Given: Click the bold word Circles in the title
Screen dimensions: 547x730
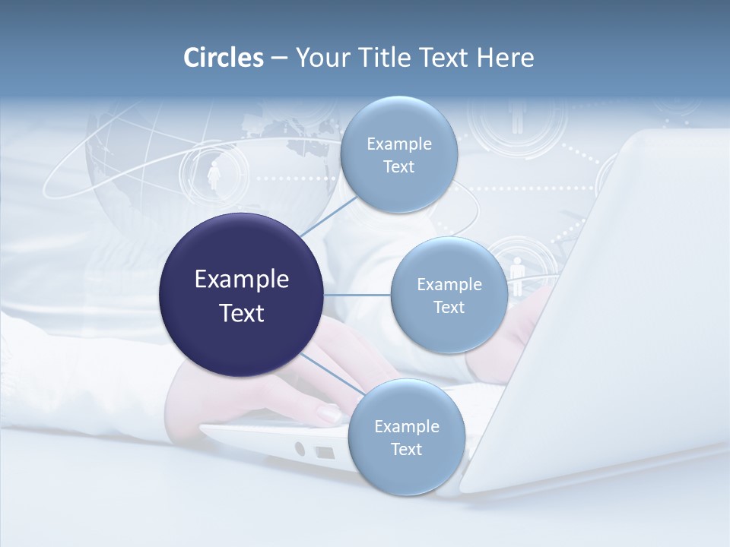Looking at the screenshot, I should [223, 58].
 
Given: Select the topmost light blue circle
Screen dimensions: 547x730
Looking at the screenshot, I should [398, 155].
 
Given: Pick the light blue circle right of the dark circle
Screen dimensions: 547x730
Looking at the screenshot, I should [449, 295].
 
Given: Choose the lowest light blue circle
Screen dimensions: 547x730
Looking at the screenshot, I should [406, 437].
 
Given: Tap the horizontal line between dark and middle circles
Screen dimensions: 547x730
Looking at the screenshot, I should [357, 295].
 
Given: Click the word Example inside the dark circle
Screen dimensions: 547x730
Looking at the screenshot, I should [242, 280].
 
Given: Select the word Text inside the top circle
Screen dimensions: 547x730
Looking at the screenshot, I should [398, 167].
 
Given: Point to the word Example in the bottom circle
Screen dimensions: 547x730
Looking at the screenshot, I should [406, 426].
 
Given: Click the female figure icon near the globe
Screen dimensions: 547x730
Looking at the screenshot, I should [214, 175].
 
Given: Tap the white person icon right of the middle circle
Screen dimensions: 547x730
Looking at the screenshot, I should [518, 270].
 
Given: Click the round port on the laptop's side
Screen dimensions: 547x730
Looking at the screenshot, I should [300, 448].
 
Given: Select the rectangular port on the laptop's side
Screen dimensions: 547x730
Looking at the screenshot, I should [325, 453].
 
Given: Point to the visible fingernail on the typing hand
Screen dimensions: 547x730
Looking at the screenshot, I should [328, 414].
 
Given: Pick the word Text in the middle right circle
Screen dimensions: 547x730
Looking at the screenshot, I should [449, 307].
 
